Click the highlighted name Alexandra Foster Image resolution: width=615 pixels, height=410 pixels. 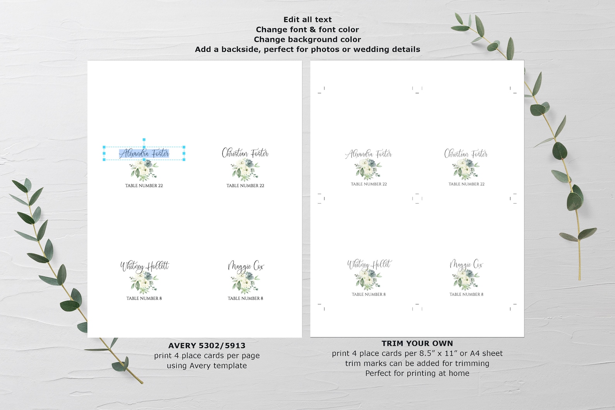pyautogui.click(x=144, y=154)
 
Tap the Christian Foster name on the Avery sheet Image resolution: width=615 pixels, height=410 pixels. pyautogui.click(x=245, y=153)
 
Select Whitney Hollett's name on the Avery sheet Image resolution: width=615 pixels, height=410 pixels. pyautogui.click(x=144, y=266)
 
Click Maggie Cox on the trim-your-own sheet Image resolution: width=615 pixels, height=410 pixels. pyautogui.click(x=466, y=265)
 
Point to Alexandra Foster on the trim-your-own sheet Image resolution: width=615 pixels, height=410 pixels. pyautogui.click(x=368, y=154)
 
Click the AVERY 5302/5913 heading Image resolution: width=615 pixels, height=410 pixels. pyautogui.click(x=207, y=346)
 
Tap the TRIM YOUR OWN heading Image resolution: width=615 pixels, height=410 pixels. pyautogui.click(x=417, y=343)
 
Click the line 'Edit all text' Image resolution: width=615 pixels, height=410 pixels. pyautogui.click(x=307, y=19)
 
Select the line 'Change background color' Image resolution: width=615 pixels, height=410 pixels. pyautogui.click(x=307, y=39)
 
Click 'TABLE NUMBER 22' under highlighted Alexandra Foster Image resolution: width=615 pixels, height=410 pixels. pyautogui.click(x=144, y=186)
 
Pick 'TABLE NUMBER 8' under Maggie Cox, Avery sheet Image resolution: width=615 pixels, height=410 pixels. pyautogui.click(x=246, y=298)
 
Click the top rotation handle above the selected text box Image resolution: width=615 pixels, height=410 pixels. pyautogui.click(x=144, y=140)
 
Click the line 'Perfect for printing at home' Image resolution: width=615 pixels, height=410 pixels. pyautogui.click(x=417, y=374)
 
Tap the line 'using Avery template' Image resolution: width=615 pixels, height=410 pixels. pyautogui.click(x=207, y=366)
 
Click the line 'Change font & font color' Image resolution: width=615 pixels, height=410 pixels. pyautogui.click(x=307, y=29)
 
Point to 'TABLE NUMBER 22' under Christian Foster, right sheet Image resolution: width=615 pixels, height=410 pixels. pyautogui.click(x=467, y=184)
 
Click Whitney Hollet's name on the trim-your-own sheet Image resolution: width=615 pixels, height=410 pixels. pyautogui.click(x=369, y=265)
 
